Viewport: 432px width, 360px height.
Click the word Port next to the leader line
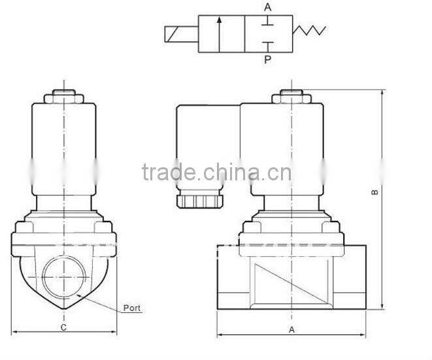[132, 308]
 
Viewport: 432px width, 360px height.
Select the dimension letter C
[63, 327]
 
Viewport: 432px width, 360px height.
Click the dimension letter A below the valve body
[291, 330]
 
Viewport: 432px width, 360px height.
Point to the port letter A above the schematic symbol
[267, 7]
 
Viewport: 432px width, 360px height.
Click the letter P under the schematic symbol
[267, 59]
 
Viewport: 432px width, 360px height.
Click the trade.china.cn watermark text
[216, 173]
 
